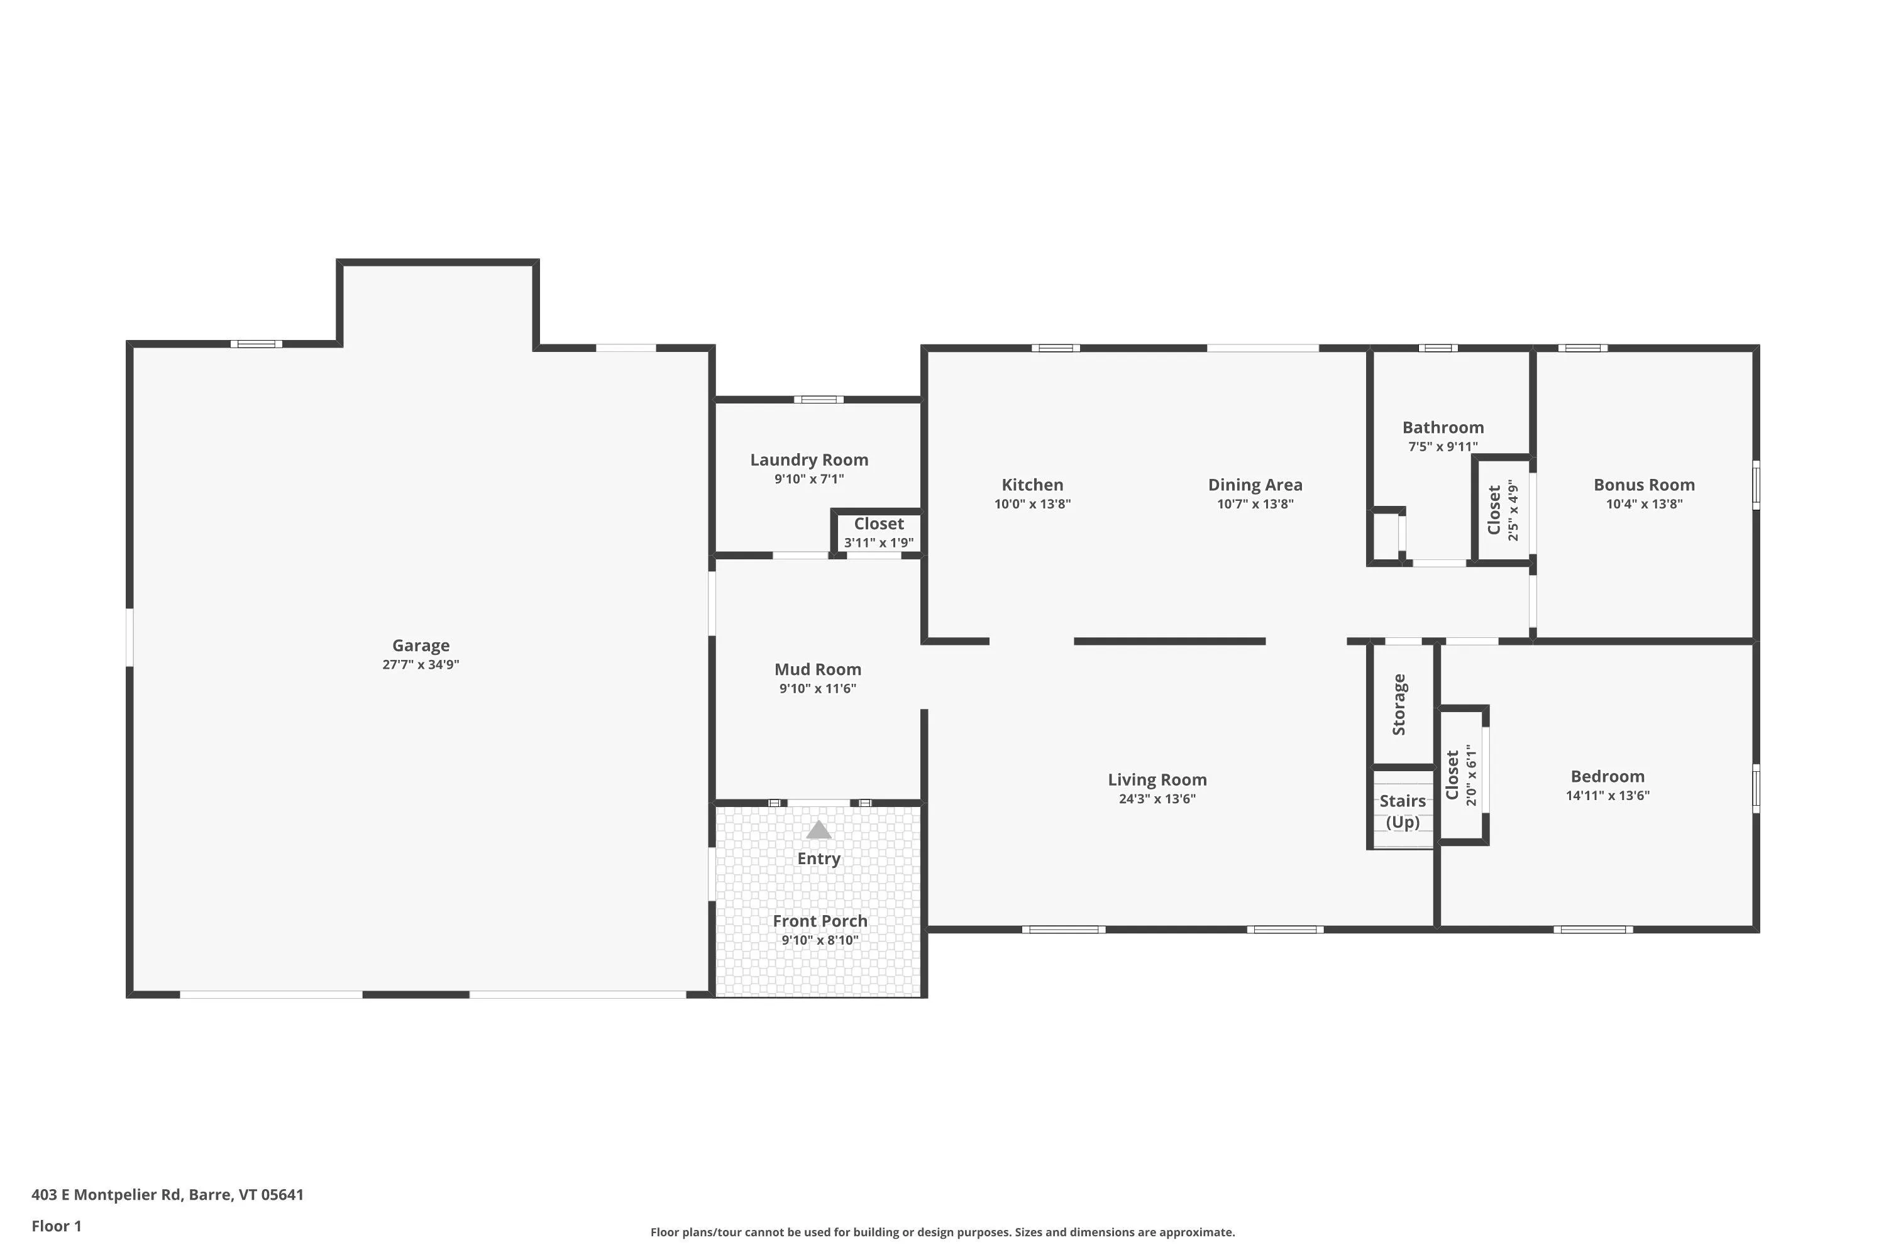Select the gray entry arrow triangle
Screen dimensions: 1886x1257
click(818, 830)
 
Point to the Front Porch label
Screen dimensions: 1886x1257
click(820, 921)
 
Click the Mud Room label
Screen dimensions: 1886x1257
click(818, 669)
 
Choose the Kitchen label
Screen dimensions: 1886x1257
click(1032, 485)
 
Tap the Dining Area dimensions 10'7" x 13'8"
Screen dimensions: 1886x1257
click(1255, 504)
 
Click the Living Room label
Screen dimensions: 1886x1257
click(1157, 780)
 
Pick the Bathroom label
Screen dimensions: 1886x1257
click(1443, 427)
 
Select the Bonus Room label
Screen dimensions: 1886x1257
click(1644, 485)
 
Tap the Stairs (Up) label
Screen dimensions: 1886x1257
click(1403, 811)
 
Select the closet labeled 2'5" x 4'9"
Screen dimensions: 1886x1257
click(1503, 510)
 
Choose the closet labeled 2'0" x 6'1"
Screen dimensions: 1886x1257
click(1461, 775)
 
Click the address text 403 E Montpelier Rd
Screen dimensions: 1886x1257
click(107, 1195)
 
